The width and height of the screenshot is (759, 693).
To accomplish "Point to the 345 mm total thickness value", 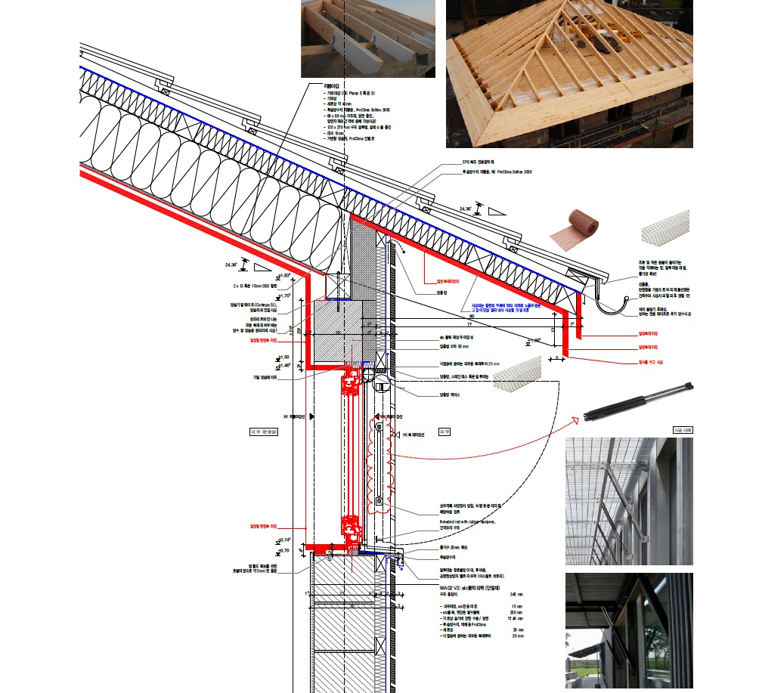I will pyautogui.click(x=516, y=595).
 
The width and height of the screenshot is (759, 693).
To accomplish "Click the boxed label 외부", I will pyautogui.click(x=446, y=432).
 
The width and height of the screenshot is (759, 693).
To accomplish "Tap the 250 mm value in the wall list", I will pyautogui.click(x=517, y=612).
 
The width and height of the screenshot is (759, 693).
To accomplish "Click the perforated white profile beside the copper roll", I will pyautogui.click(x=665, y=224).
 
